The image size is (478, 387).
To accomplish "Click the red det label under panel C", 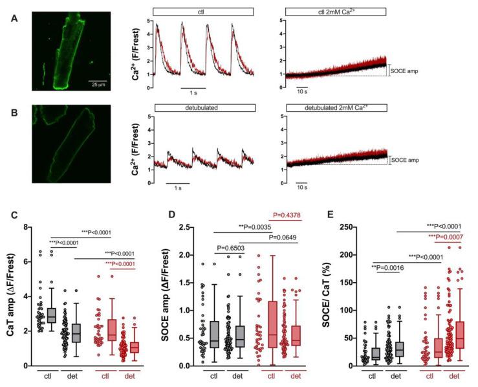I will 136,375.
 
